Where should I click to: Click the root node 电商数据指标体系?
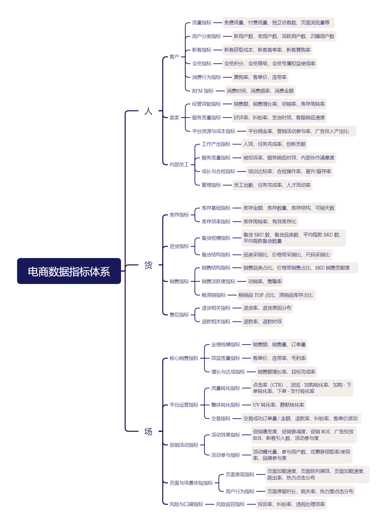[69, 271]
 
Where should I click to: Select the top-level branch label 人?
[148, 111]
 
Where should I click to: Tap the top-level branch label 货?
[148, 265]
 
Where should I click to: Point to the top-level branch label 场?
[148, 431]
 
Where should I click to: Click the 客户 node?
[174, 57]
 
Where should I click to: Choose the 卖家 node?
[174, 118]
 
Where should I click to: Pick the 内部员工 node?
[179, 165]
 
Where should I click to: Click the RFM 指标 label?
[203, 91]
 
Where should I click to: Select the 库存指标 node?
[179, 215]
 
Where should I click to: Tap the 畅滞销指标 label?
[214, 295]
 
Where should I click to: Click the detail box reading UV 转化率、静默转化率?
[278, 405]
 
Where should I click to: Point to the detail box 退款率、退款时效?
[262, 322]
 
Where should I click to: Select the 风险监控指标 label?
[230, 504]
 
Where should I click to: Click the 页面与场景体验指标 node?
[191, 483]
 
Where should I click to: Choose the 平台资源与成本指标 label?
[214, 131]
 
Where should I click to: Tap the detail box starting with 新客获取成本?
[267, 50]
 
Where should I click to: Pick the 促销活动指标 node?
[184, 445]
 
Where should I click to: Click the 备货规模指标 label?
[216, 238]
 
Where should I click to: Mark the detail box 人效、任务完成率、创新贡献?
[274, 144]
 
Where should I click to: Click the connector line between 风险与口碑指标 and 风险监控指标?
[209, 504]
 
